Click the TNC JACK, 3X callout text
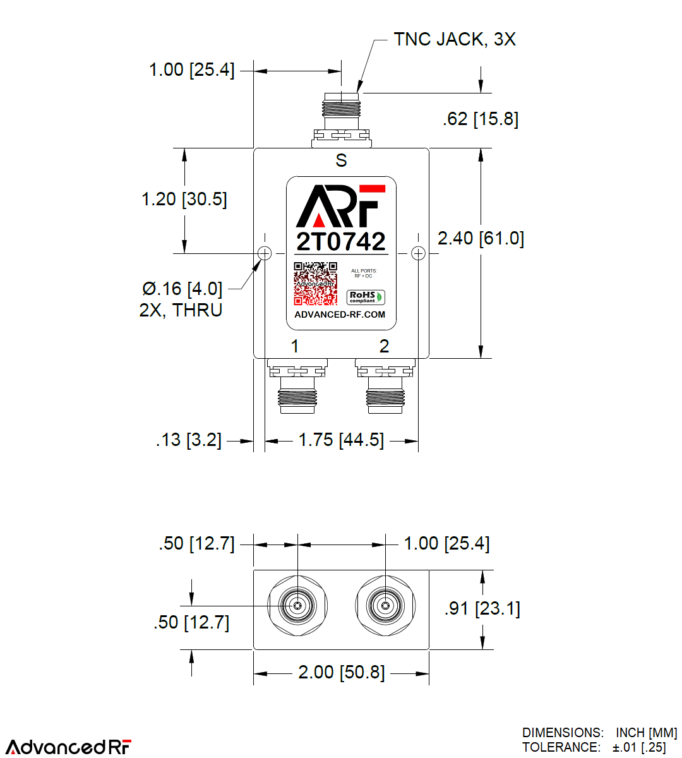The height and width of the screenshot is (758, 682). pyautogui.click(x=455, y=39)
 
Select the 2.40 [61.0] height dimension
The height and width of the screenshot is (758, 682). pyautogui.click(x=481, y=238)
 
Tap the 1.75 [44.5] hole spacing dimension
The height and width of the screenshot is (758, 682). pyautogui.click(x=341, y=440)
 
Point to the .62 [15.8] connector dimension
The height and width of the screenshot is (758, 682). pyautogui.click(x=481, y=119)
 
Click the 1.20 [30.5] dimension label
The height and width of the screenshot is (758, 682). pyautogui.click(x=184, y=199)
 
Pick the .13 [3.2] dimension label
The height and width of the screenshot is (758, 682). pyautogui.click(x=189, y=440)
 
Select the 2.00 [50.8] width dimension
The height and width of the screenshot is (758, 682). pyautogui.click(x=341, y=672)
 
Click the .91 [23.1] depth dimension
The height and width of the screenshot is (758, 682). pyautogui.click(x=482, y=608)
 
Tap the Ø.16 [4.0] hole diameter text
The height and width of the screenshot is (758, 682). pyautogui.click(x=182, y=289)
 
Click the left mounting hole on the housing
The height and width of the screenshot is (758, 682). pyautogui.click(x=265, y=253)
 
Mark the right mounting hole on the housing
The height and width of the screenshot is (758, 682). pyautogui.click(x=418, y=253)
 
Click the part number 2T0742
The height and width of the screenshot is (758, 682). pyautogui.click(x=341, y=241)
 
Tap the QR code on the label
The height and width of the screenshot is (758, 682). pyautogui.click(x=315, y=284)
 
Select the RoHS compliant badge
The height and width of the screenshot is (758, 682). pyautogui.click(x=366, y=297)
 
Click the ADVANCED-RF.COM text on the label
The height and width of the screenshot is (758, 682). pyautogui.click(x=340, y=315)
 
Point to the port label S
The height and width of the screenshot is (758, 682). pyautogui.click(x=341, y=160)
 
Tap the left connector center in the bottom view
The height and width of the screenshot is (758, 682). pyautogui.click(x=297, y=606)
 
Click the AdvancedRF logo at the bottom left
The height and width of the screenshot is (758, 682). pyautogui.click(x=69, y=746)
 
